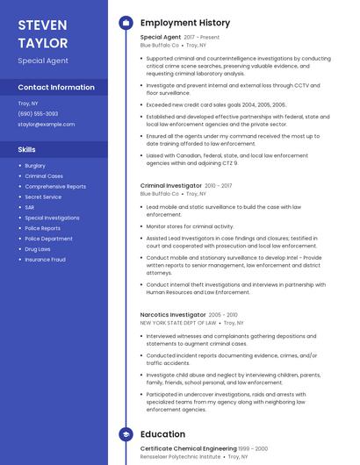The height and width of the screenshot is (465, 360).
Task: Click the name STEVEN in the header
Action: (40, 24)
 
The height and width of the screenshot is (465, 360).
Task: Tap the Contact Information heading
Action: (56, 88)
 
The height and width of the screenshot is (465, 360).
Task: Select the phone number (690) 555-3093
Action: (38, 114)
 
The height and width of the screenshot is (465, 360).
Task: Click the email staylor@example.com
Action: (47, 125)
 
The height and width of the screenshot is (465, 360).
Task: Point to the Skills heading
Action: (26, 149)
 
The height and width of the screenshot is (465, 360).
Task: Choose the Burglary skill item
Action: (35, 166)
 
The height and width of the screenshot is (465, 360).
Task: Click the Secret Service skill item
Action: (43, 197)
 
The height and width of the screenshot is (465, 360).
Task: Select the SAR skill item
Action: (30, 207)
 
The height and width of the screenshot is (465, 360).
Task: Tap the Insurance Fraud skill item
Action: (45, 260)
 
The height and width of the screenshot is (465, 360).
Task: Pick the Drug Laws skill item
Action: (38, 249)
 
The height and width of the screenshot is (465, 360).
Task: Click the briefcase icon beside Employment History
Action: (126, 23)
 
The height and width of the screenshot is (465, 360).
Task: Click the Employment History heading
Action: (185, 23)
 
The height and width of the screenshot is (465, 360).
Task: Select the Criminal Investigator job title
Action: (171, 186)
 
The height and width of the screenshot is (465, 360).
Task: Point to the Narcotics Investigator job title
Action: (173, 314)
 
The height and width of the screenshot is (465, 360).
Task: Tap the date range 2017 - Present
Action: (203, 38)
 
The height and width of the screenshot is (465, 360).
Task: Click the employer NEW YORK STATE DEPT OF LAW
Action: (178, 323)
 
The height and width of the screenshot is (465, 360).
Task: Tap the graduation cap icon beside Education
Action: (126, 434)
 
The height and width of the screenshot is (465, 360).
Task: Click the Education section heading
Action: (162, 434)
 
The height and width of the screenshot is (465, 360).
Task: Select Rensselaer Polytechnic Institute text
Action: (181, 457)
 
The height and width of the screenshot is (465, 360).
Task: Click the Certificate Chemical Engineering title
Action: (187, 448)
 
